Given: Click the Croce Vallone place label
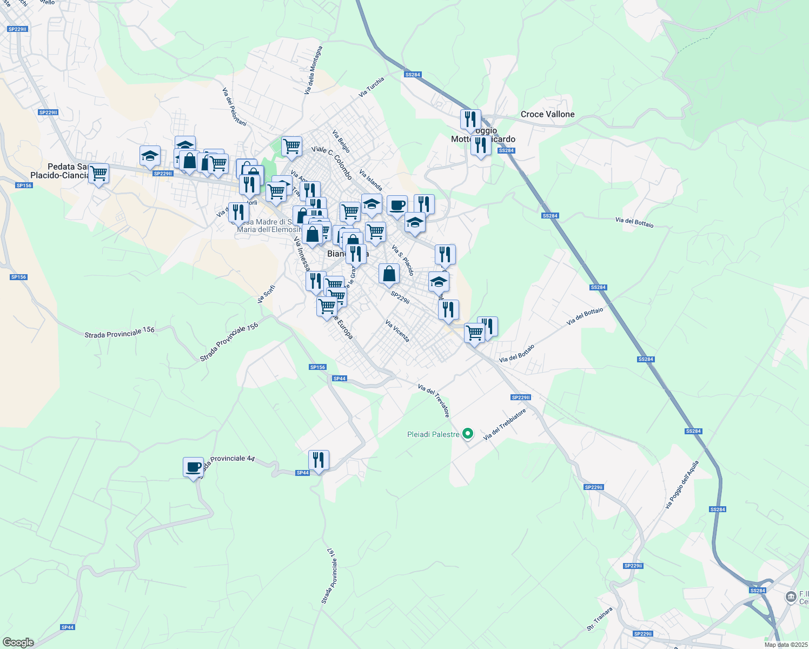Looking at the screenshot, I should pos(547,114).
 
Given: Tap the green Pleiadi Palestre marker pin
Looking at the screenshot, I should pos(468,434).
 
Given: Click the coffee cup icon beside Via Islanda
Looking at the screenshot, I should pos(397,206).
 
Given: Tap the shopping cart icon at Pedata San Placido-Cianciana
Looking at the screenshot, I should pos(98,174).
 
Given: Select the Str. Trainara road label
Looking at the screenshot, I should pos(600,619).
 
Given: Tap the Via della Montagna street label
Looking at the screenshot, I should pos(313,70).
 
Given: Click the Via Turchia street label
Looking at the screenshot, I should pos(372,87).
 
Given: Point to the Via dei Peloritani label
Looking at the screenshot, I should pos(234,107).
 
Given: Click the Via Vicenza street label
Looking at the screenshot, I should pos(397,331).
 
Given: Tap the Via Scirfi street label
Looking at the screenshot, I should pos(267,294).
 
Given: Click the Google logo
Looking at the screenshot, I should pos(18,642).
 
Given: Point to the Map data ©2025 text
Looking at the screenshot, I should pos(785,645).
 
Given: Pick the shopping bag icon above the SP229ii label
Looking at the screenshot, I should pos(389,274).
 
